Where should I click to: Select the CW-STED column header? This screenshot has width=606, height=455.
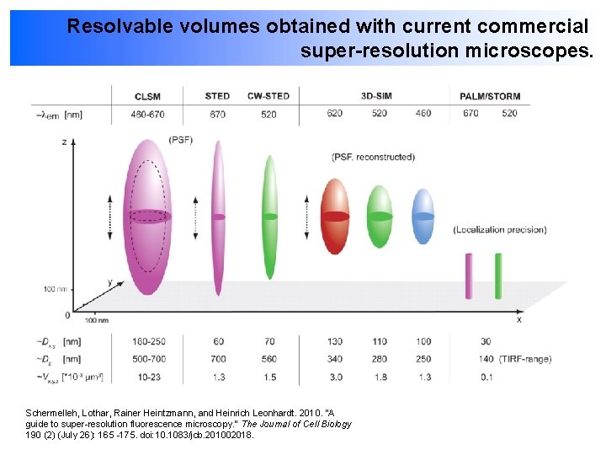[268, 96]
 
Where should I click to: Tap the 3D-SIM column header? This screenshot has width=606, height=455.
[375, 96]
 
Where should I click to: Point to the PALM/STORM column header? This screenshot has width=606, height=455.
[490, 97]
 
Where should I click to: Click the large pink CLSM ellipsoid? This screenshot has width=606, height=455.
[148, 217]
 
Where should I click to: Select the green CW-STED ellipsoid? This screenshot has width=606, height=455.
[269, 217]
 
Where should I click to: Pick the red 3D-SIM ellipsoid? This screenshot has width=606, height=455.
[335, 217]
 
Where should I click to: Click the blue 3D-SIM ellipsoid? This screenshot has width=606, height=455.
[423, 217]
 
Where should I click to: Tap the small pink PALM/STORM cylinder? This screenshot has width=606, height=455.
[468, 276]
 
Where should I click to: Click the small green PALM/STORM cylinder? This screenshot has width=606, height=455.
[498, 276]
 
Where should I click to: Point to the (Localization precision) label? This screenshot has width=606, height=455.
[499, 229]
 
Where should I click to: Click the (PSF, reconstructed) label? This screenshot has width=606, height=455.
[373, 157]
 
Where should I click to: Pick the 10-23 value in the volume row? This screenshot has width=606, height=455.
[150, 377]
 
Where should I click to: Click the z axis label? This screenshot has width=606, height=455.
[65, 142]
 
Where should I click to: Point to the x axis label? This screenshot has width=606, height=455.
[518, 319]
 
